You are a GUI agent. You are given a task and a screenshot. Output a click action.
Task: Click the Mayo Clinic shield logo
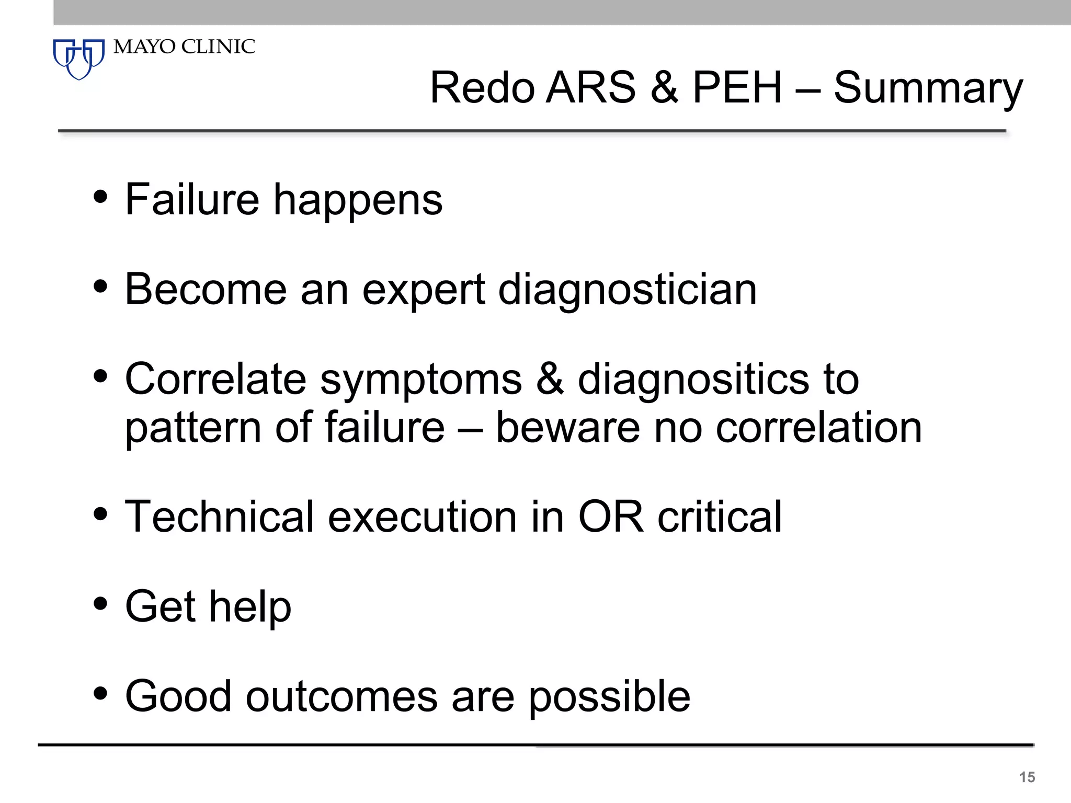pos(79,58)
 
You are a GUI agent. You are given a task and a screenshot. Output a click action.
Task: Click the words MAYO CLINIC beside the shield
pos(184,47)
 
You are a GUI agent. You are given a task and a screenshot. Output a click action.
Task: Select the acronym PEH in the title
pos(737,87)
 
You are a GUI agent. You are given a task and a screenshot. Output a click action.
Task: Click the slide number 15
pos(1027,777)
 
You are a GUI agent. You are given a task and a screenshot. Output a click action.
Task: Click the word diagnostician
pos(628,290)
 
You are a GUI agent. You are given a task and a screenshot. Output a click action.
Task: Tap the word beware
pos(567,428)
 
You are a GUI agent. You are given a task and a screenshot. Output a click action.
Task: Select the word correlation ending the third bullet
pos(818,428)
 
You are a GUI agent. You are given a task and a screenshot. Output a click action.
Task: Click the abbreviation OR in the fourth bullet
pos(611,517)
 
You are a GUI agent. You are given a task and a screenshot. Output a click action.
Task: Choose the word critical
pos(720,517)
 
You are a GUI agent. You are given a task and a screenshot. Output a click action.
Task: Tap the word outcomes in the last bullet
pos(341,697)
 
